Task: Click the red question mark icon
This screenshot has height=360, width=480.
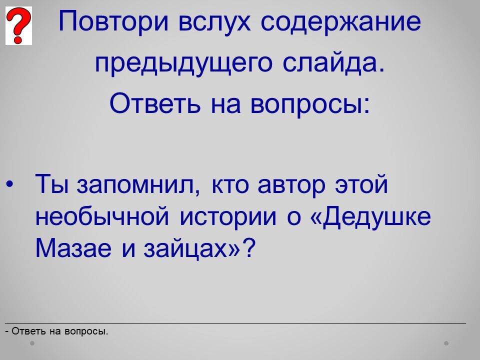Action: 18,25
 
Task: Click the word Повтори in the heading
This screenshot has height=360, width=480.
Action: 113,21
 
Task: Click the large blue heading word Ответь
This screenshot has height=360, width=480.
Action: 155,103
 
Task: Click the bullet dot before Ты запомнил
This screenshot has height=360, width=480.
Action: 10,184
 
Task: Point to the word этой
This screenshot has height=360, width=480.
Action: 361,184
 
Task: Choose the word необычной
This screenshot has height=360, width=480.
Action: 102,216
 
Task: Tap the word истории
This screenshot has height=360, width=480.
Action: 228,216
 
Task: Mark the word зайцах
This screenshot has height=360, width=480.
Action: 187,249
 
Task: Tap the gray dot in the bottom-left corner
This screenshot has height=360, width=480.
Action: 32,343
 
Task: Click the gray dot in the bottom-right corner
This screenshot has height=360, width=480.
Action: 446,343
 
